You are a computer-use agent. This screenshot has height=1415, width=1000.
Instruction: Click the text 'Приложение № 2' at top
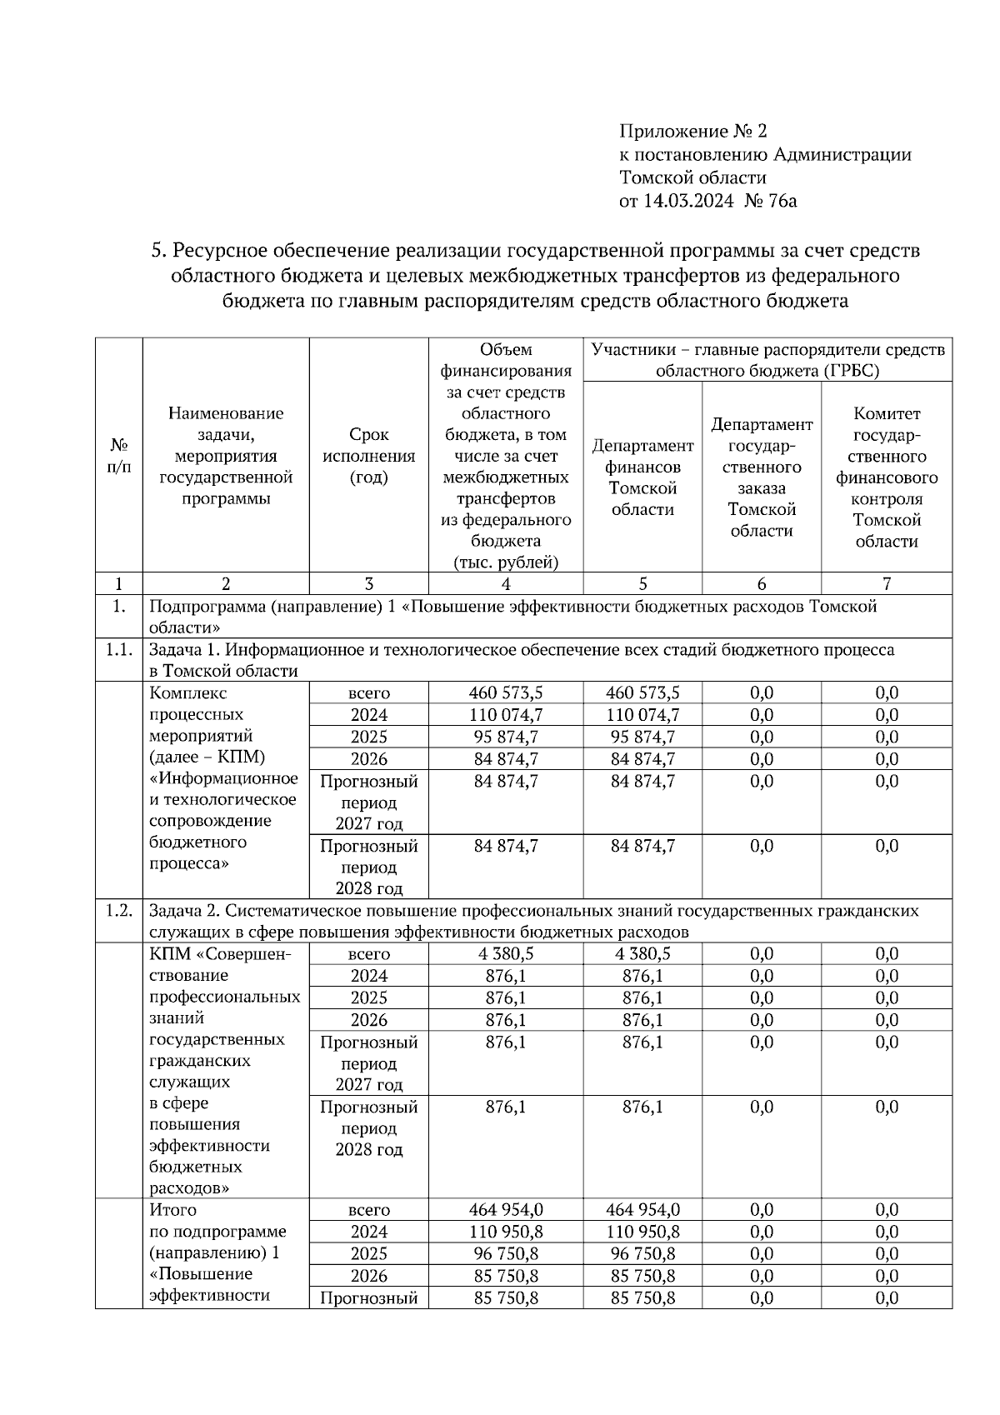pyautogui.click(x=692, y=132)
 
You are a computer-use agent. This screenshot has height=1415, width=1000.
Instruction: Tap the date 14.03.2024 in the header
pyautogui.click(x=688, y=201)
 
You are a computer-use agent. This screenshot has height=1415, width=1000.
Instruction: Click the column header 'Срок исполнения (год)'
pyautogui.click(x=368, y=456)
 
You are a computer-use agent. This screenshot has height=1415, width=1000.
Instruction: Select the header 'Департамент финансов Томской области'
pyautogui.click(x=642, y=477)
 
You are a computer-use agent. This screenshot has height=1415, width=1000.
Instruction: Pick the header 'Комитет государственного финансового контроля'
pyautogui.click(x=887, y=477)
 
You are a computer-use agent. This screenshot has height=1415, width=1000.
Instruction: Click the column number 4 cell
pyautogui.click(x=506, y=584)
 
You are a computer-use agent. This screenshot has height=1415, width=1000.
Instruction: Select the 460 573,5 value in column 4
pyautogui.click(x=506, y=693)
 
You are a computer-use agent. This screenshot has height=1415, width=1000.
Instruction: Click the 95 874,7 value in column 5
pyautogui.click(x=642, y=737)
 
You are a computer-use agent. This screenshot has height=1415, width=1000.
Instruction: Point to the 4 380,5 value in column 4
pyautogui.click(x=506, y=954)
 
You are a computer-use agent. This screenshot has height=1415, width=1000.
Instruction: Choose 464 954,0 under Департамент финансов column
pyautogui.click(x=642, y=1210)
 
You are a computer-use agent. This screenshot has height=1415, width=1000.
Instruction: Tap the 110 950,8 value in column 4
pyautogui.click(x=506, y=1232)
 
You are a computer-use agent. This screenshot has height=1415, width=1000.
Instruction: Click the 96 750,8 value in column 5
pyautogui.click(x=642, y=1254)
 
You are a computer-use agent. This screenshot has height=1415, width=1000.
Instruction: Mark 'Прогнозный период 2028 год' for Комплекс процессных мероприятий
pyautogui.click(x=368, y=867)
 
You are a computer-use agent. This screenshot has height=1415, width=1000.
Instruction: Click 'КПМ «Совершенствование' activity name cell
pyautogui.click(x=220, y=954)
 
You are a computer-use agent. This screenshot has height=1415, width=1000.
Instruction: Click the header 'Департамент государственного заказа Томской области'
pyautogui.click(x=761, y=477)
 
